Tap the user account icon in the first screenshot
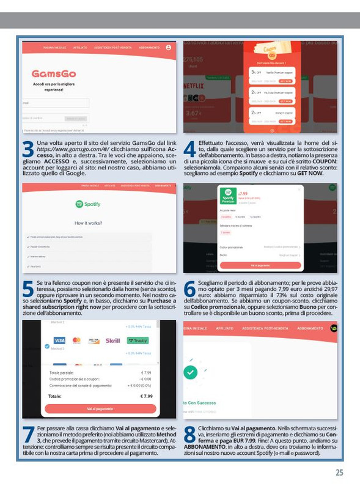click(168, 48)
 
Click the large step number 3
click(28, 150)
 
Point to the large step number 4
click(189, 150)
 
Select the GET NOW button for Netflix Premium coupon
click(285, 81)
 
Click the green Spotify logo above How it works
click(87, 204)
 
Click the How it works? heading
click(88, 223)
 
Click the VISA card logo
click(59, 340)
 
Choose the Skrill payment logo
click(112, 340)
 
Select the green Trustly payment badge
click(138, 340)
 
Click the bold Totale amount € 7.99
click(146, 396)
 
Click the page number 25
click(339, 472)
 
